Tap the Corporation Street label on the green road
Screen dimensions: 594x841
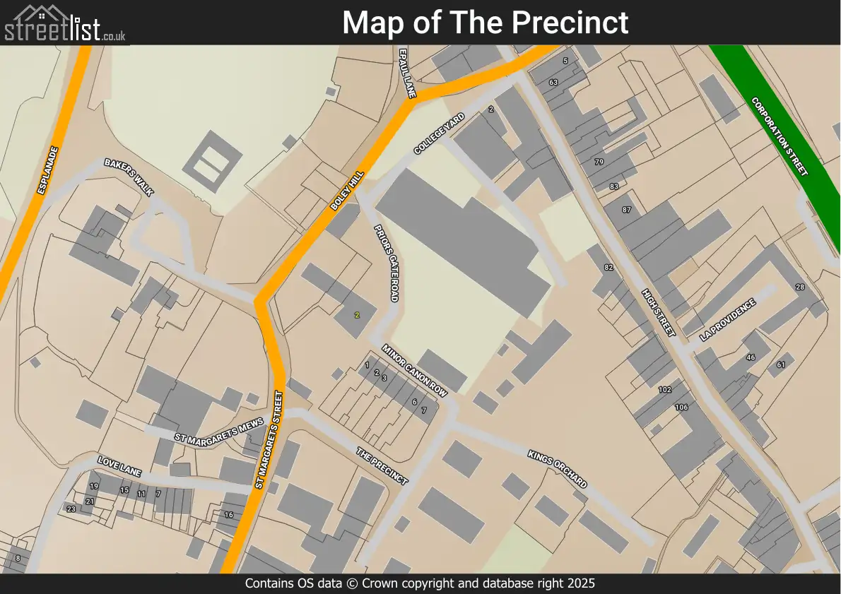pyautogui.click(x=780, y=136)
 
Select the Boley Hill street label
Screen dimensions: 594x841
pyautogui.click(x=347, y=191)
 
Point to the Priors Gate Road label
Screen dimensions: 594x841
pyautogui.click(x=384, y=262)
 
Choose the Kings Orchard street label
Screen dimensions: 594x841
pyautogui.click(x=557, y=468)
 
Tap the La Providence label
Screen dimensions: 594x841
pyautogui.click(x=727, y=320)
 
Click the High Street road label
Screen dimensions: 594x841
pyautogui.click(x=659, y=312)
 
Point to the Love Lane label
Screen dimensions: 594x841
pyautogui.click(x=119, y=466)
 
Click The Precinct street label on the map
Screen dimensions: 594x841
pyautogui.click(x=382, y=466)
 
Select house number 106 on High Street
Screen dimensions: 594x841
pyautogui.click(x=681, y=408)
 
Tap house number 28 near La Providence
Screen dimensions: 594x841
pyautogui.click(x=800, y=287)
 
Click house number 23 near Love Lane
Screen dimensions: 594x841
pyautogui.click(x=71, y=509)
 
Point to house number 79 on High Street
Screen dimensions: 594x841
pyautogui.click(x=599, y=162)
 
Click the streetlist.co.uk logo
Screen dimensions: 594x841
pyautogui.click(x=65, y=23)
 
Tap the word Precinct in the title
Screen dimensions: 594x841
pyautogui.click(x=570, y=23)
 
